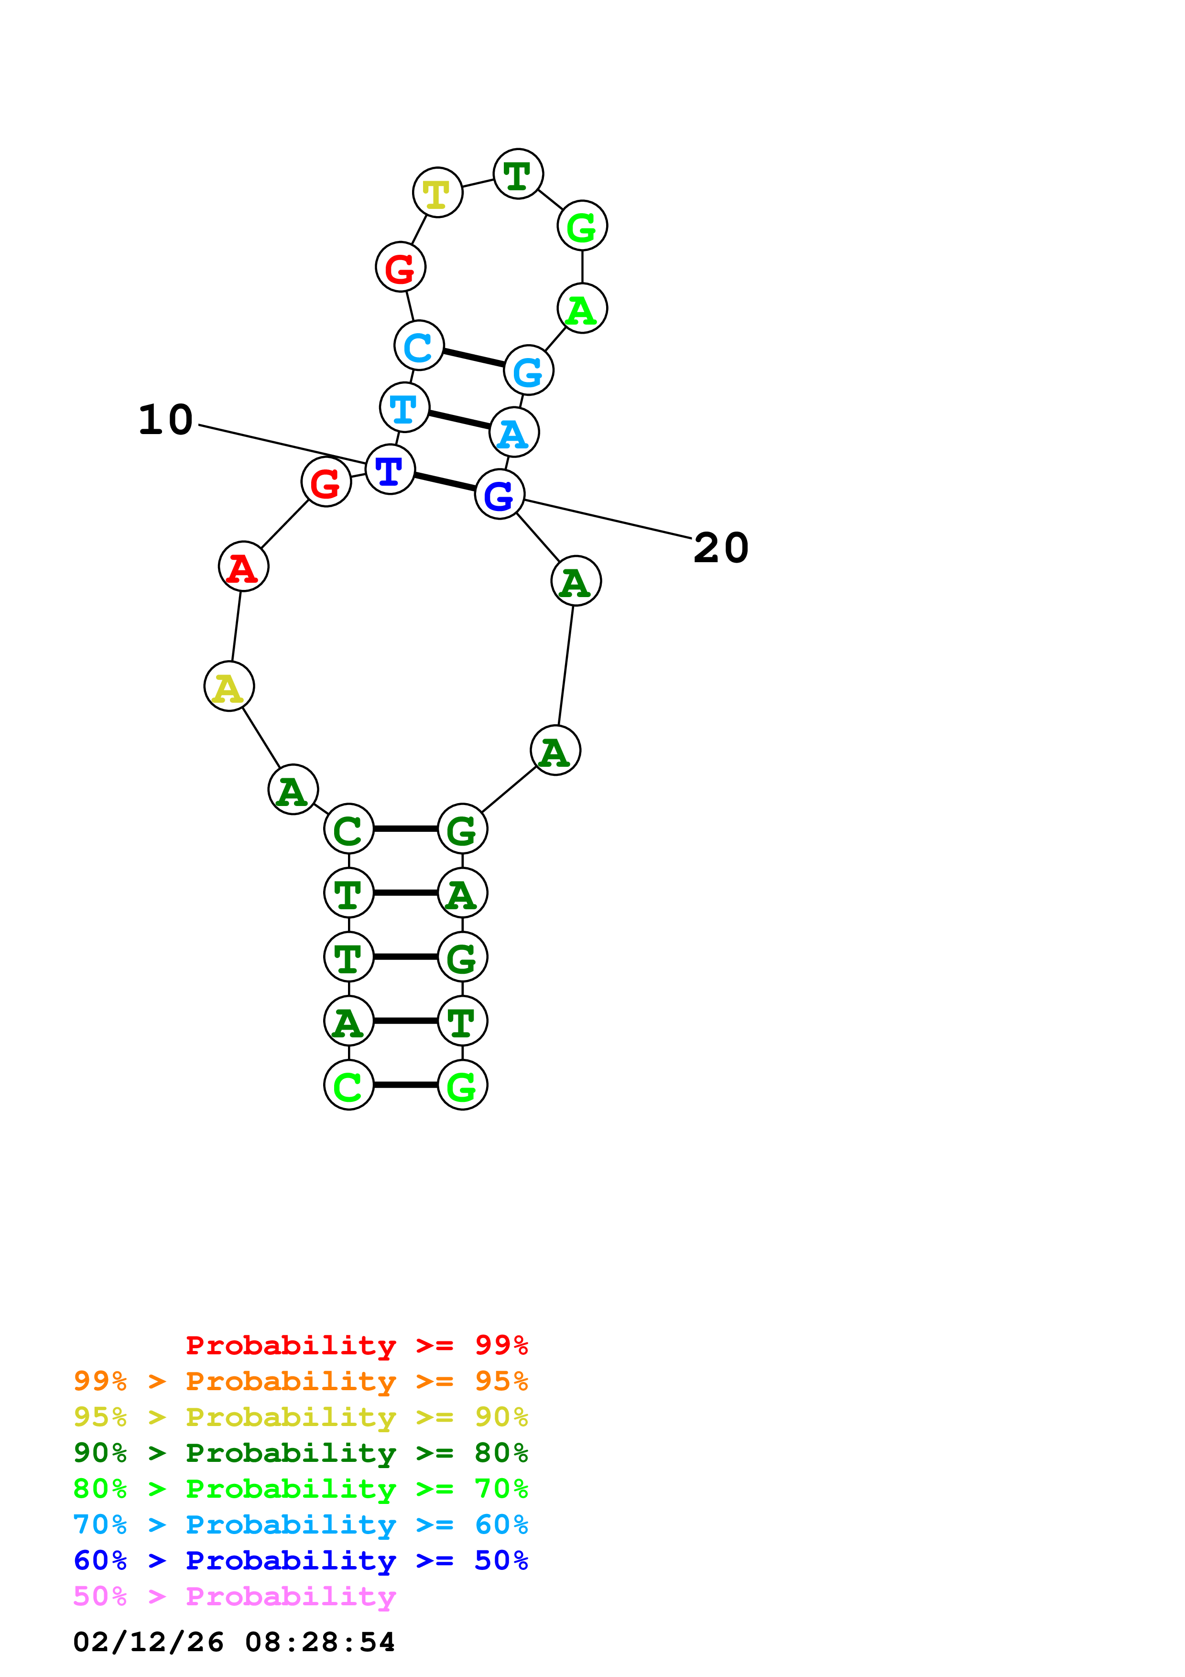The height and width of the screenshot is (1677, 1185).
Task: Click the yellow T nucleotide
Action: coord(437,193)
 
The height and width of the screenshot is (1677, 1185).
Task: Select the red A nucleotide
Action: coord(243,567)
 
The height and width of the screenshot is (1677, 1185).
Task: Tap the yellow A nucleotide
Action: coord(228,686)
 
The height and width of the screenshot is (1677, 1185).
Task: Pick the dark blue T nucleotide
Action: coord(390,469)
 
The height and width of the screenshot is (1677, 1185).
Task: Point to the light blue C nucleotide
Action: coord(418,346)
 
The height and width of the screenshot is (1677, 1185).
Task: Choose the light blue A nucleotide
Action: coord(514,433)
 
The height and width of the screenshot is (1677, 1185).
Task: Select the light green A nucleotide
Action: coord(582,309)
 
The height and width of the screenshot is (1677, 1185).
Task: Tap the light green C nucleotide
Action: coord(348,1085)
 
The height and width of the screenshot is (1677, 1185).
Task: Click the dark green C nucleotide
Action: coord(348,829)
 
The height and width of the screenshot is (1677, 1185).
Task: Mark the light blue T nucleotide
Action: coord(404,408)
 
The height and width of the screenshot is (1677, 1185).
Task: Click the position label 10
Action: coord(166,420)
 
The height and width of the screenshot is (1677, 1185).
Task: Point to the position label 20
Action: coord(721,548)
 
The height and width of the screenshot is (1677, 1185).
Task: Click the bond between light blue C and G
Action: coord(473,358)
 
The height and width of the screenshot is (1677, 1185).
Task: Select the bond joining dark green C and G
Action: coord(405,829)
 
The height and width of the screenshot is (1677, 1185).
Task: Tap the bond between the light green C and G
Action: coord(405,1085)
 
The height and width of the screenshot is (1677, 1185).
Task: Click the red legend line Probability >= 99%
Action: coord(356,1345)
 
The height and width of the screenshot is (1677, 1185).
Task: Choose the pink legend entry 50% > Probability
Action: coord(234,1596)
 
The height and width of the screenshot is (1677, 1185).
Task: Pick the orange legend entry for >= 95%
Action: coord(300,1381)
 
